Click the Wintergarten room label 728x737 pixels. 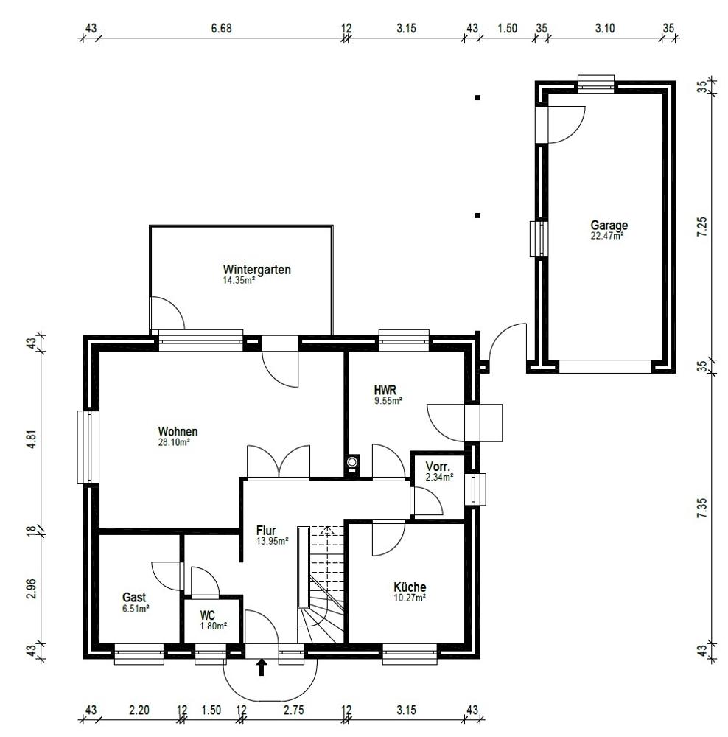(256, 269)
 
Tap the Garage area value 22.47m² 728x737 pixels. (606, 236)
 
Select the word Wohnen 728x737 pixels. (178, 431)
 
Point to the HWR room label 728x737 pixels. (385, 390)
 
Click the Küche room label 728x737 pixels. (410, 587)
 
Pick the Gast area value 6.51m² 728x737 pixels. (136, 608)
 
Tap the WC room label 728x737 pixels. (207, 615)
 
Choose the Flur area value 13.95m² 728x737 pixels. (272, 541)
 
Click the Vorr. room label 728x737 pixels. (438, 467)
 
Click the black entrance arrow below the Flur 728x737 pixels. (262, 668)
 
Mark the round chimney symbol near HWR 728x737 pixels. (352, 462)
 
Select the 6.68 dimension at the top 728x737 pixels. (221, 28)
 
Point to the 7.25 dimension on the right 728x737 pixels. (701, 226)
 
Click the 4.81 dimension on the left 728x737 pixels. (31, 439)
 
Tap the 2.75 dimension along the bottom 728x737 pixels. (294, 710)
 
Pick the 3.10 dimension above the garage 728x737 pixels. (605, 28)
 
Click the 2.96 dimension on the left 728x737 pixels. (31, 588)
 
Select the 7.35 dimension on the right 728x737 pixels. (701, 509)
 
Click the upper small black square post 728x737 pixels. (477, 98)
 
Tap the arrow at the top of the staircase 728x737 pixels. (327, 530)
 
